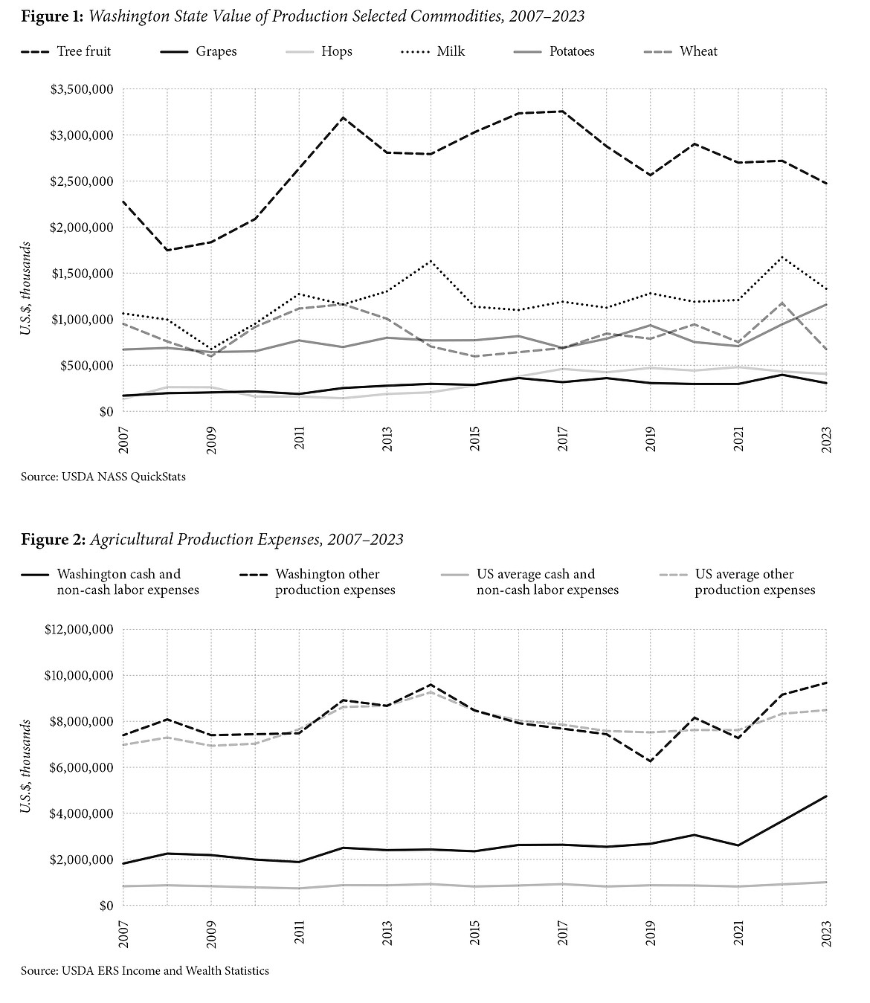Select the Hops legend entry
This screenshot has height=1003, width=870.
tap(337, 51)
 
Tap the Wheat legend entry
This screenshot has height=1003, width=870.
tap(698, 51)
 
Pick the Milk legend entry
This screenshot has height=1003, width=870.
tap(451, 51)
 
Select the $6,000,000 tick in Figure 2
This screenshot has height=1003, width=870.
tap(77, 768)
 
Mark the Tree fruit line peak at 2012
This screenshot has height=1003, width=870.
tap(344, 117)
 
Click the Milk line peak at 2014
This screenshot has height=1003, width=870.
tap(431, 261)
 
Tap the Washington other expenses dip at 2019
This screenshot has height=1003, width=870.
tap(651, 761)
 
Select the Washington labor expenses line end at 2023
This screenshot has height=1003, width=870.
tap(826, 796)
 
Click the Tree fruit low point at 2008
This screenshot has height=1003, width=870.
tap(167, 250)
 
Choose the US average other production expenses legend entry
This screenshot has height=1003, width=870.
tap(755, 582)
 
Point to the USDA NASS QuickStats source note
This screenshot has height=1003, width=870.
tap(103, 477)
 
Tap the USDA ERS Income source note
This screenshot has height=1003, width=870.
tap(145, 970)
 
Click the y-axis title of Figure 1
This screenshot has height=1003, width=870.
tap(25, 288)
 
